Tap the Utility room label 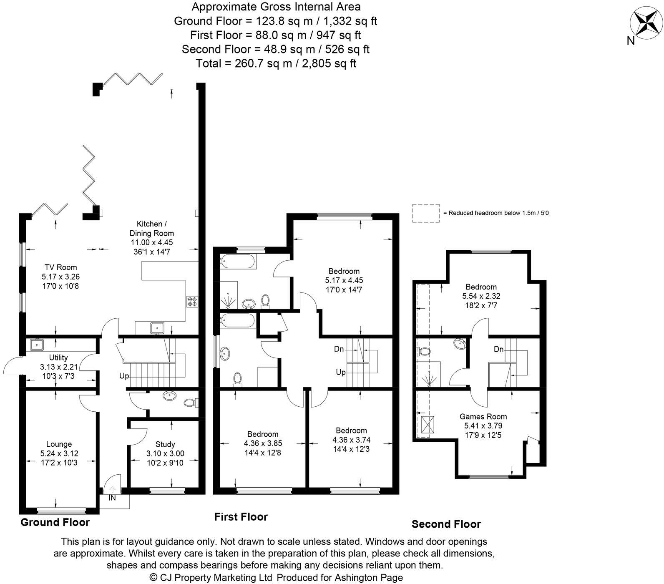pyautogui.click(x=58, y=357)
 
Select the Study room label pyautogui.click(x=165, y=444)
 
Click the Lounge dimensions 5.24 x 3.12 pyautogui.click(x=59, y=453)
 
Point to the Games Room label pyautogui.click(x=483, y=416)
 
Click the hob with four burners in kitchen pyautogui.click(x=192, y=301)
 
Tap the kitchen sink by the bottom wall pyautogui.click(x=158, y=328)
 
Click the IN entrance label pyautogui.click(x=112, y=498)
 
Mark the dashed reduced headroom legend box pyautogui.click(x=425, y=213)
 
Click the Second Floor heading pyautogui.click(x=446, y=524)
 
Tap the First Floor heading pyautogui.click(x=241, y=517)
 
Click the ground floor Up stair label pyautogui.click(x=124, y=376)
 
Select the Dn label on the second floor pyautogui.click(x=498, y=349)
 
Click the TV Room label pyautogui.click(x=60, y=267)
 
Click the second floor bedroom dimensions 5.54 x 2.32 pyautogui.click(x=481, y=296)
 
